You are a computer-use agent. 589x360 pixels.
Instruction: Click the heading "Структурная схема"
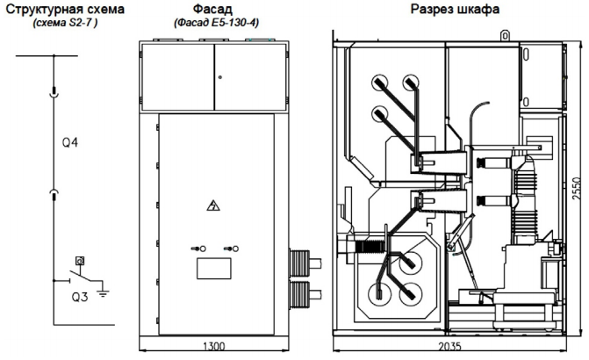(x=65, y=9)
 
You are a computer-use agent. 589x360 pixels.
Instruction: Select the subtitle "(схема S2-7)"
(x=65, y=23)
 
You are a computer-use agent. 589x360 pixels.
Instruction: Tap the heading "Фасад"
(x=212, y=9)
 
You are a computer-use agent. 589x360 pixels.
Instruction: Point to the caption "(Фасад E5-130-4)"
(x=216, y=23)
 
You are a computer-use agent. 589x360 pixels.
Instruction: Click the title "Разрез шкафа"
(x=455, y=9)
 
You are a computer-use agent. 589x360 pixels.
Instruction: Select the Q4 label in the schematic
(x=70, y=143)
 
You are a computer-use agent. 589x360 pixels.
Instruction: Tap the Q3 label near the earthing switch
(x=80, y=298)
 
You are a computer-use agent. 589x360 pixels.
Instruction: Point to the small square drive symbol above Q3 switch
(x=80, y=260)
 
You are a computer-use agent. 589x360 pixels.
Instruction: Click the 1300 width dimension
(x=213, y=346)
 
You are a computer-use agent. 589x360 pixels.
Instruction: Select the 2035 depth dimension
(x=449, y=346)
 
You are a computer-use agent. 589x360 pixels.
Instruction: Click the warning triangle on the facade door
(x=213, y=205)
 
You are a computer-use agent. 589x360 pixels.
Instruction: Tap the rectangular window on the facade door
(x=214, y=269)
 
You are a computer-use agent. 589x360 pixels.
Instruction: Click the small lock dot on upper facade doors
(x=220, y=77)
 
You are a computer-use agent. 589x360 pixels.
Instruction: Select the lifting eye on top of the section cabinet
(x=506, y=36)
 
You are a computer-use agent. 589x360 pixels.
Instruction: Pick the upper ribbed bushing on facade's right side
(x=305, y=263)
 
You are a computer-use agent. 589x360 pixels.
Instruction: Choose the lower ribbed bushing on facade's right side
(x=305, y=294)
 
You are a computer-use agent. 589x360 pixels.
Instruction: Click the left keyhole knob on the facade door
(x=198, y=248)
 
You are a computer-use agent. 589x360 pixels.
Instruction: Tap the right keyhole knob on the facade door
(x=231, y=248)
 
